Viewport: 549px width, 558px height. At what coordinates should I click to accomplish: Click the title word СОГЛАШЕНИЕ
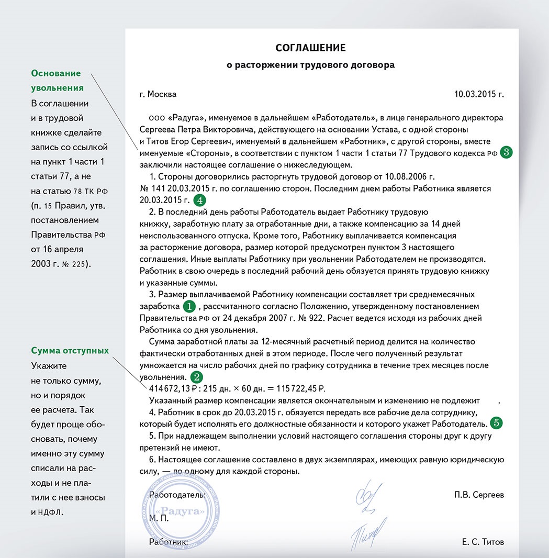(x=310, y=48)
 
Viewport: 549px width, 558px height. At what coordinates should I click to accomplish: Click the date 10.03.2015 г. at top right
(x=479, y=94)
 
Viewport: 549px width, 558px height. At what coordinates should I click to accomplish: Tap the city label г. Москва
(x=158, y=94)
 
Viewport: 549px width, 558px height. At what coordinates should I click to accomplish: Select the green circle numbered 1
(x=189, y=306)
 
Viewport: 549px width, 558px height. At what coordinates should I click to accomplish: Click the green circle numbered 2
(x=196, y=376)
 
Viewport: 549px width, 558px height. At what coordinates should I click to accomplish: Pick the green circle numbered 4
(x=199, y=199)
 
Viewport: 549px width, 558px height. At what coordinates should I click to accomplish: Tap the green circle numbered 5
(x=496, y=422)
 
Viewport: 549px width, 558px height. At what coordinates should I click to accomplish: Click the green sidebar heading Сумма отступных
(x=70, y=350)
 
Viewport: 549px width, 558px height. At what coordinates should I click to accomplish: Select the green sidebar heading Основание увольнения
(x=57, y=80)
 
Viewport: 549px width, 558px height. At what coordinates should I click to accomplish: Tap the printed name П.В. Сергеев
(x=479, y=495)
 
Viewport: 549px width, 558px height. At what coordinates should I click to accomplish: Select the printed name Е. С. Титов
(x=483, y=542)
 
